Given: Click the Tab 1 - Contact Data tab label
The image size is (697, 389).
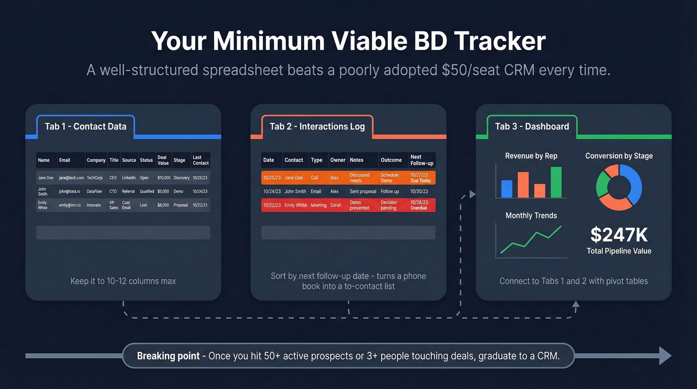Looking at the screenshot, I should [x=86, y=127].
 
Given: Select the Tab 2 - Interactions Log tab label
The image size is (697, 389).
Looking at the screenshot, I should [x=317, y=127].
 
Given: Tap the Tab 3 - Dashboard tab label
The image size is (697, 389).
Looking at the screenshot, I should [x=532, y=127].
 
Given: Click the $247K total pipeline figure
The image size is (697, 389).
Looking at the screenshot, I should [x=619, y=235].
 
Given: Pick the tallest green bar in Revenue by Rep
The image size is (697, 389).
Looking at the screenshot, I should [x=556, y=182].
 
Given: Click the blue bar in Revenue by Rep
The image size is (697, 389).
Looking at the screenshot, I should [x=507, y=189].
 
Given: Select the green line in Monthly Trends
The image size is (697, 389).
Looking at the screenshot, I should [x=531, y=241].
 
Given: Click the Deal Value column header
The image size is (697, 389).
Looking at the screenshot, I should [x=163, y=160].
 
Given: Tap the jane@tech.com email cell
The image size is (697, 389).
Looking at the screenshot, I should [x=71, y=178].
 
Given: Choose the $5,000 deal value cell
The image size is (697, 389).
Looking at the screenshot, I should [x=163, y=191].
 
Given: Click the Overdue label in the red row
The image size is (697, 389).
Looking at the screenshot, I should [x=419, y=208].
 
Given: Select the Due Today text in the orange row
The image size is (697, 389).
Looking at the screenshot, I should [x=421, y=181].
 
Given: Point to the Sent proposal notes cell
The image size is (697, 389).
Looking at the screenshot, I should [x=362, y=191].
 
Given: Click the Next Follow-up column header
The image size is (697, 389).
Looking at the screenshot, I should [x=422, y=160].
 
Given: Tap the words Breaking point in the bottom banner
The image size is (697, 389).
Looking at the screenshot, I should [x=168, y=356].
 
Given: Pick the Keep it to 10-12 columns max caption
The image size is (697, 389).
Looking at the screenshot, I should [x=123, y=281].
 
